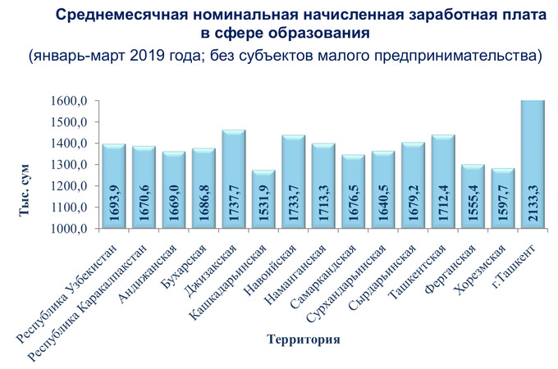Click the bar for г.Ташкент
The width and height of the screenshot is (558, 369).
(x=533, y=164)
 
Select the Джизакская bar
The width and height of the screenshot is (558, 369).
(x=234, y=180)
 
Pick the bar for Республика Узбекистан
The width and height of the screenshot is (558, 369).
(x=114, y=187)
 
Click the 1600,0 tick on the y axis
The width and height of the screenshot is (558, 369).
(x=69, y=101)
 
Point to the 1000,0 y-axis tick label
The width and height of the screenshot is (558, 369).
(x=69, y=229)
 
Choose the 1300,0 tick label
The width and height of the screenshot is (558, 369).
(x=69, y=165)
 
